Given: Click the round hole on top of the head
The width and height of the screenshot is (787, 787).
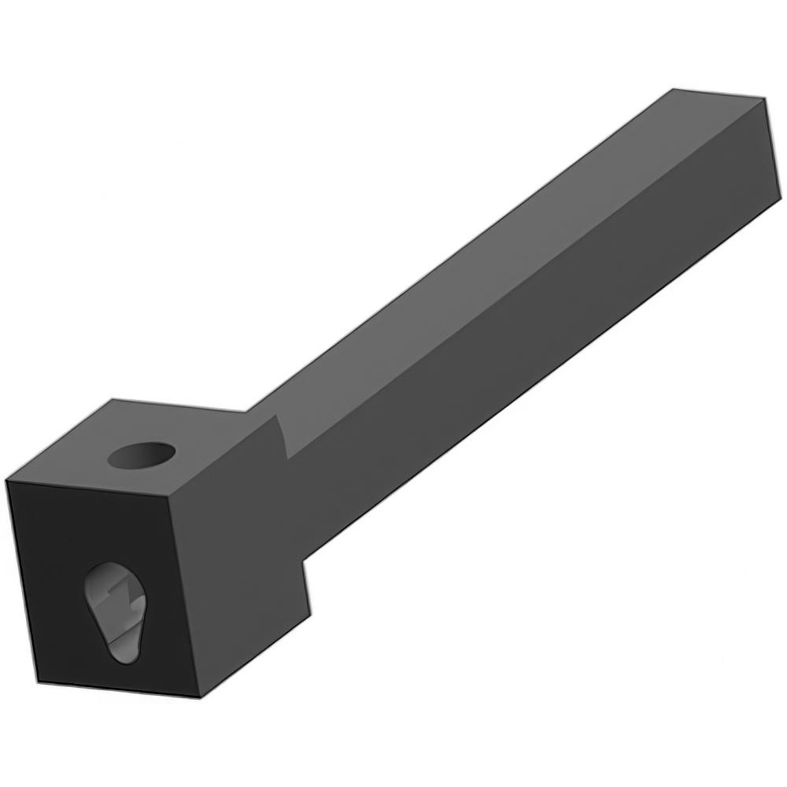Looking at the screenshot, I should (x=142, y=455).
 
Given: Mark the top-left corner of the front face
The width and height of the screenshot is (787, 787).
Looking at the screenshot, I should (x=7, y=481).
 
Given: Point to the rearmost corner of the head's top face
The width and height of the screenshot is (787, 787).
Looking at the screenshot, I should (x=113, y=401).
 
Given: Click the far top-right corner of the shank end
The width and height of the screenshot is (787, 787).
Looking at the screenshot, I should (x=764, y=100).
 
